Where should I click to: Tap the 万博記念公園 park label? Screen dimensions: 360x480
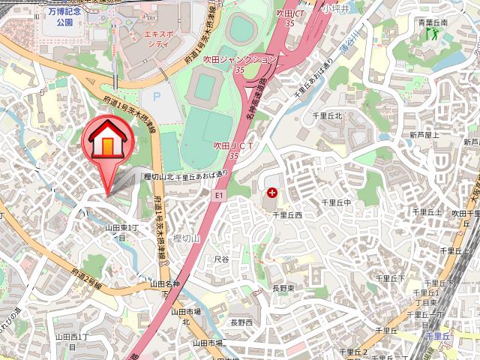point(58,17)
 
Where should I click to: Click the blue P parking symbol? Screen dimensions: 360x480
point(156,96)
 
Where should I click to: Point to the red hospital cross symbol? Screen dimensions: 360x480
point(271,193)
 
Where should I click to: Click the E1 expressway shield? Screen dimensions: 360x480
point(219,195)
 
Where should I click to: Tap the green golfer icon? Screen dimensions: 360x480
point(432,34)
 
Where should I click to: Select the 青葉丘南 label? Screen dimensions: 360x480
point(433,22)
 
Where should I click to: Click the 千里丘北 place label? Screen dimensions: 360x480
point(327,116)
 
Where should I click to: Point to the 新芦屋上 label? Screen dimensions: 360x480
point(424,135)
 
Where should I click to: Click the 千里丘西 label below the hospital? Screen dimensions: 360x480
point(286,214)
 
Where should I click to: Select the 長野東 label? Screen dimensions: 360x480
point(283,289)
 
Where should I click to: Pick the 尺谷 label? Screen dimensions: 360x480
point(221,259)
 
